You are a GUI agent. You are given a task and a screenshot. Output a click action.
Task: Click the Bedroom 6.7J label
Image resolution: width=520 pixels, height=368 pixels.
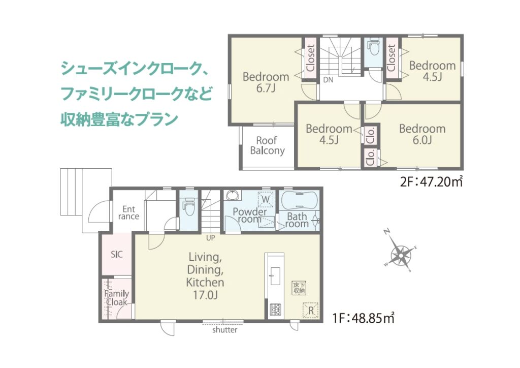pyautogui.click(x=266, y=82)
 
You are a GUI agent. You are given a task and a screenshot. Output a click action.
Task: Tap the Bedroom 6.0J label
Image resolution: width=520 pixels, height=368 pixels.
pyautogui.click(x=422, y=134)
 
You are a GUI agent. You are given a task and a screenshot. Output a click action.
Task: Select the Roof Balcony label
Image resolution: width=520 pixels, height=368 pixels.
pyautogui.click(x=267, y=145)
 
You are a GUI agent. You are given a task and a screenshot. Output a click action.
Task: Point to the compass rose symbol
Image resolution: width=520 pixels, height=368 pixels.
pyautogui.click(x=401, y=255)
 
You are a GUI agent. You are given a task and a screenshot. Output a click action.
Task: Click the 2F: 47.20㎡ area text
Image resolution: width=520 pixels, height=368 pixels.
pyautogui.click(x=432, y=182)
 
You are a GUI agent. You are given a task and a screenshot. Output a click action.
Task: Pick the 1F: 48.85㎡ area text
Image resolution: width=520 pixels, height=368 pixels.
pyautogui.click(x=363, y=318)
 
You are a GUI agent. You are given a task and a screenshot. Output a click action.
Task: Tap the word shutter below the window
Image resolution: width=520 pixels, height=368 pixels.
pyautogui.click(x=225, y=330)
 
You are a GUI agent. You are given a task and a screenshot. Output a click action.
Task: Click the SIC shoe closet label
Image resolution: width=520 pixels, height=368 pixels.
pyautogui.click(x=117, y=255)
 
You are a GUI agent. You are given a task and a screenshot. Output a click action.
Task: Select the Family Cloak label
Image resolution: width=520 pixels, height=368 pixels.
pyautogui.click(x=116, y=298)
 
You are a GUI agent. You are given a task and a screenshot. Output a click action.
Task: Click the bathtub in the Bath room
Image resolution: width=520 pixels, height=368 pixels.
pyautogui.click(x=300, y=200)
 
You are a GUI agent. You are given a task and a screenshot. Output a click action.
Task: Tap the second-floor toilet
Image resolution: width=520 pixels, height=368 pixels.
pyautogui.click(x=374, y=47)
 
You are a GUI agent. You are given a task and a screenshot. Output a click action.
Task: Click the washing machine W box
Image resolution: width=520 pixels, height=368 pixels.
pyautogui.click(x=266, y=199)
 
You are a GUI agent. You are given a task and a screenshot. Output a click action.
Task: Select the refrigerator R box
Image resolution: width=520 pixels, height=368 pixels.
pyautogui.click(x=310, y=311)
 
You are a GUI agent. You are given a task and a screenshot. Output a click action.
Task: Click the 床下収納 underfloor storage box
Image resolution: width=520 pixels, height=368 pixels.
pyautogui.click(x=299, y=288)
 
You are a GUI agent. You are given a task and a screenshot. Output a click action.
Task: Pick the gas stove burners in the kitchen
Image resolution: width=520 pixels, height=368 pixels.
pyautogui.click(x=275, y=310)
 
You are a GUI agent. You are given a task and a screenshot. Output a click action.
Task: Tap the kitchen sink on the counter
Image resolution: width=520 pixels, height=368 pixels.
pyautogui.click(x=275, y=276)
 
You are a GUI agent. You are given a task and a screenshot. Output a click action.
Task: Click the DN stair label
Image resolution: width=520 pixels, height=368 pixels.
pyautogui.click(x=328, y=80)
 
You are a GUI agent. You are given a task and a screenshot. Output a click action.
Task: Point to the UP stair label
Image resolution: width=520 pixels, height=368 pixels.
pyautogui.click(x=210, y=238)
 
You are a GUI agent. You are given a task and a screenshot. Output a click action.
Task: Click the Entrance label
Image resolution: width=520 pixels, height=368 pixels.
pyautogui.click(x=128, y=212)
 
